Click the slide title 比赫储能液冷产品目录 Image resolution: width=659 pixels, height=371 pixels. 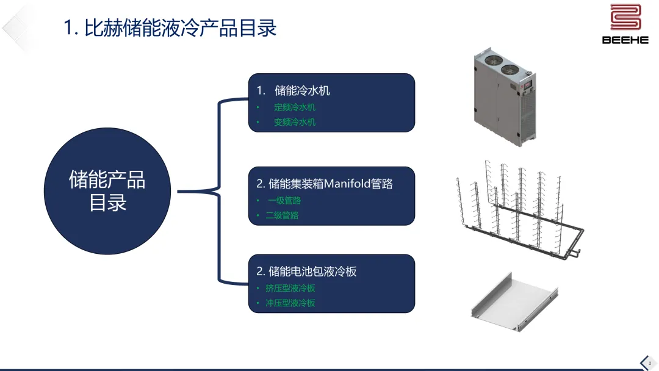coord(171,28)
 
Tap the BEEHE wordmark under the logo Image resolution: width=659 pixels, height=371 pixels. coord(625,40)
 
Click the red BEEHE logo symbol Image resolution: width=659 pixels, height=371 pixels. coord(625,18)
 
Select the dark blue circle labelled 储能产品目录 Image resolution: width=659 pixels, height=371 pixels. coord(108,192)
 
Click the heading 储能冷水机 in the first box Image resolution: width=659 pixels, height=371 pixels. coord(302,91)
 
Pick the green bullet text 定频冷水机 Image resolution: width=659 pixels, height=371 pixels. coord(295,107)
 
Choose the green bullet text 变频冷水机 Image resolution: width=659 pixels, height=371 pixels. coord(295,122)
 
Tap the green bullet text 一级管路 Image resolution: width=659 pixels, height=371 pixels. coord(284,201)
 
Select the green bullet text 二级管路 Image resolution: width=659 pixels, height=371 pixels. coord(282,215)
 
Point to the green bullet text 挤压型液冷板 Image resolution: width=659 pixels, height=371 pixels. coord(290,288)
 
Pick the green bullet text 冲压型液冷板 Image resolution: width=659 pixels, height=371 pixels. coord(290,303)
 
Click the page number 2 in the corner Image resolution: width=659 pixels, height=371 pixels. coord(650,363)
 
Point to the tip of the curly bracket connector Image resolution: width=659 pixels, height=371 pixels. coord(179,192)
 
